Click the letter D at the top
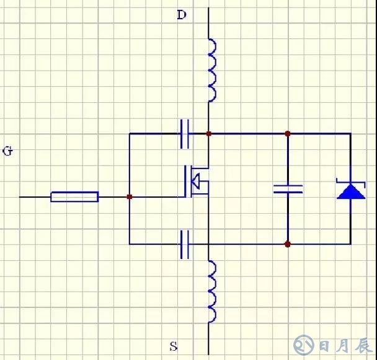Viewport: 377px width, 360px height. (181, 15)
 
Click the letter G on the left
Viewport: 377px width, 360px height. (7, 151)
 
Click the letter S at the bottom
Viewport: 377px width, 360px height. (174, 346)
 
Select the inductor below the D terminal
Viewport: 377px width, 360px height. (211, 70)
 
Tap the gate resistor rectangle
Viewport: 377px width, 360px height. (74, 197)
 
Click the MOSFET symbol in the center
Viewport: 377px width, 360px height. (196, 182)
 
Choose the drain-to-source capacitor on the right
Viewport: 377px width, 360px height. (288, 188)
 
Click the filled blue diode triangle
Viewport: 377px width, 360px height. (350, 191)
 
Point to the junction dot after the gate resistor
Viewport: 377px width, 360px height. (129, 197)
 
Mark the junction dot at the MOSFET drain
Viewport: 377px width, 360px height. (208, 133)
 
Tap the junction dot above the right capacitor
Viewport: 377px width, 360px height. (288, 133)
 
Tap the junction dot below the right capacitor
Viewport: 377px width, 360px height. (288, 244)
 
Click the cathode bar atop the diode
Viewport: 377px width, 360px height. (350, 182)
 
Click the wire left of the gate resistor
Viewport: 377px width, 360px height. (35, 197)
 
